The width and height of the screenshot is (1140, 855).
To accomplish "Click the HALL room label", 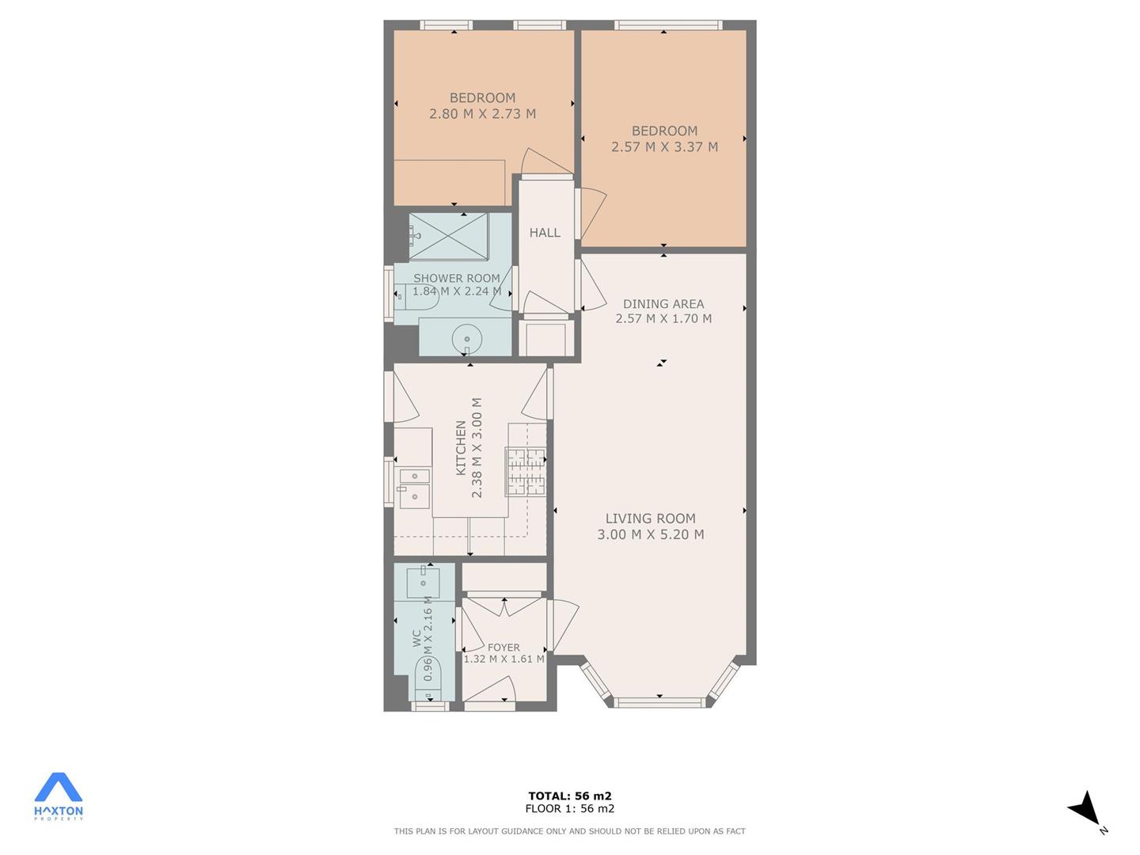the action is tap(545, 233).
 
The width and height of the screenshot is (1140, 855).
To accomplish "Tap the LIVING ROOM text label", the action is tap(650, 518).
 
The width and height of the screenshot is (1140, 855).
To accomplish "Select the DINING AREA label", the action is tap(663, 304).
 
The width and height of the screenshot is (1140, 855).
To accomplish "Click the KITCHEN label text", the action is tap(461, 448).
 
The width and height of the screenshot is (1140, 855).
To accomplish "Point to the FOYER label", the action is tap(503, 648).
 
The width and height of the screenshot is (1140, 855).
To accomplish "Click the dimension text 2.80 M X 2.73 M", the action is tap(482, 114).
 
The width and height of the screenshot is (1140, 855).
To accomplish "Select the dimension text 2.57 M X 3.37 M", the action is tap(664, 147).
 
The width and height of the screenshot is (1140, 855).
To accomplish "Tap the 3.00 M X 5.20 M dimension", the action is tap(650, 534).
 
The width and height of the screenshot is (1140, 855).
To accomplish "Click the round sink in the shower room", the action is tap(467, 339).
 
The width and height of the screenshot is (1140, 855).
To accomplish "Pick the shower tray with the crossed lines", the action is tap(449, 236).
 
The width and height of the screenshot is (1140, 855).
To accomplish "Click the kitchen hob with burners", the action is tap(526, 473).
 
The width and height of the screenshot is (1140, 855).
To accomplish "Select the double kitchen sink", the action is tap(415, 488).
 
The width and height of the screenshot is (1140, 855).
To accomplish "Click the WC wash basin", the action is tap(424, 583).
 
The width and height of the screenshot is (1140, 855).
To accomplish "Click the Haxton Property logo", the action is tap(58, 797).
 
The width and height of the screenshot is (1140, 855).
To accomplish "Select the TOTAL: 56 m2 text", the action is tap(570, 796).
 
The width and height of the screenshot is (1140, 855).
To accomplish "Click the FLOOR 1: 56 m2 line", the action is tap(570, 808).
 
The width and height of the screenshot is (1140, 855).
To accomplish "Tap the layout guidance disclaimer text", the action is tap(570, 831).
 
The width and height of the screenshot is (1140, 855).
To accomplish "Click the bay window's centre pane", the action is tap(659, 703).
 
